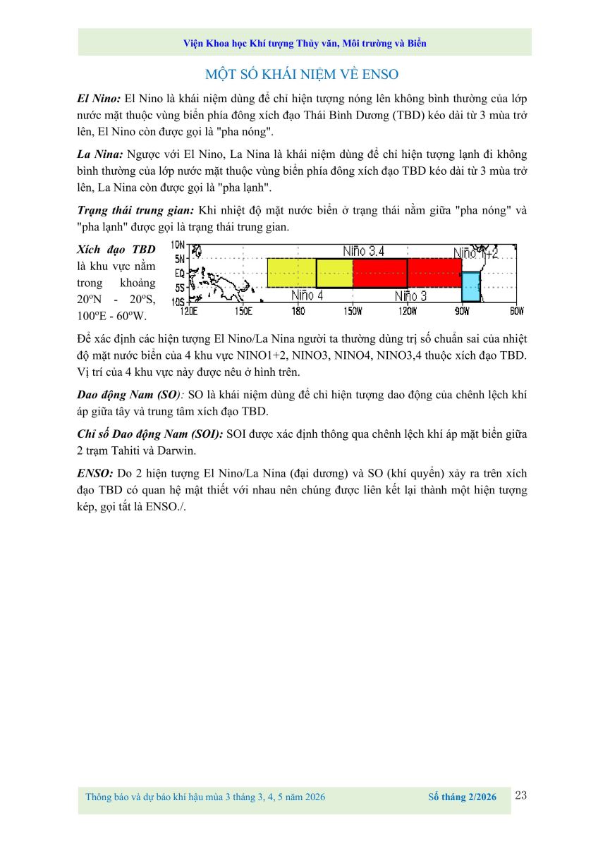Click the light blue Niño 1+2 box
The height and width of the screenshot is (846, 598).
coord(470,288)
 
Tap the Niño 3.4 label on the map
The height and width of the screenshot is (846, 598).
coord(363,251)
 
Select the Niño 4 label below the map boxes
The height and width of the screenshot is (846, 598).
coord(307,296)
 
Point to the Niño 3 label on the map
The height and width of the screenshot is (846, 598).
coord(410,296)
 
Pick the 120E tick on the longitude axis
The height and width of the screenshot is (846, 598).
coord(188,310)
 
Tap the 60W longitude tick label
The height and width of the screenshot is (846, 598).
coord(516,310)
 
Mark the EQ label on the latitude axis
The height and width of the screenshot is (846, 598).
coord(179,273)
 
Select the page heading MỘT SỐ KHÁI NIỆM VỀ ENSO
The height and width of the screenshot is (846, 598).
coord(302,74)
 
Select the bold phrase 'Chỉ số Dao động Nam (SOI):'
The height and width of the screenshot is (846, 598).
coord(149,435)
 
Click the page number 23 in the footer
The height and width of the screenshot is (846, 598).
coord(521,796)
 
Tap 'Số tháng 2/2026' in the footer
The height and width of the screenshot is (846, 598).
coord(462,797)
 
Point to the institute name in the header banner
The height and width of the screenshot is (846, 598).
coord(304,43)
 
